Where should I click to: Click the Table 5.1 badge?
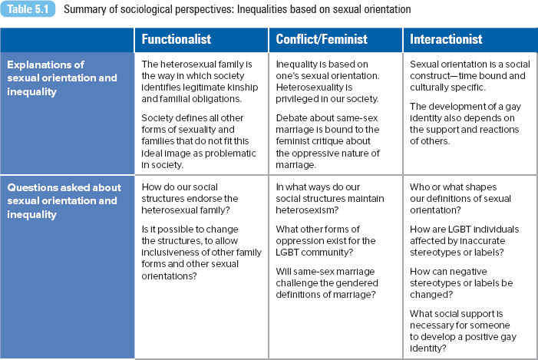(x=28, y=9)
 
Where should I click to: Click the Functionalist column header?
(x=177, y=39)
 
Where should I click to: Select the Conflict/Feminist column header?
(x=322, y=39)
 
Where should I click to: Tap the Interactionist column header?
(x=446, y=39)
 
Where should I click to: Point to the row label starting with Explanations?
(x=62, y=78)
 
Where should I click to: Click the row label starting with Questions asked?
(x=64, y=201)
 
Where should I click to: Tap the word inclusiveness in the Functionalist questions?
(x=166, y=253)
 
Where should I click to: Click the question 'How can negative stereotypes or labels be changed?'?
(x=461, y=283)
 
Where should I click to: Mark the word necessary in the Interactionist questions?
(x=431, y=325)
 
